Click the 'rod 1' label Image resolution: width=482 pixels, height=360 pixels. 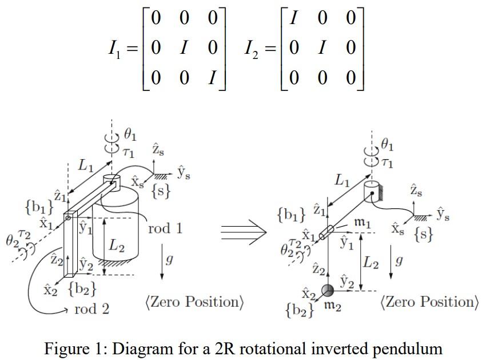coord(165,229)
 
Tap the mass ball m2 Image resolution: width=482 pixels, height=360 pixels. coord(328,290)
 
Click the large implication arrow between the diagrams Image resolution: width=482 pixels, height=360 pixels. coord(243,232)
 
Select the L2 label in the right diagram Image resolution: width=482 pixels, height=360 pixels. coord(372,263)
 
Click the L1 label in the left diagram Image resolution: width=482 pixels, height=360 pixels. coord(85,167)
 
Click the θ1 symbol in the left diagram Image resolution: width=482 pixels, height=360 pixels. coord(130,136)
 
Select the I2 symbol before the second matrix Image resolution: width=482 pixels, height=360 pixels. coord(254,49)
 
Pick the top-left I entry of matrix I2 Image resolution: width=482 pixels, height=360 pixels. coord(293,18)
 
